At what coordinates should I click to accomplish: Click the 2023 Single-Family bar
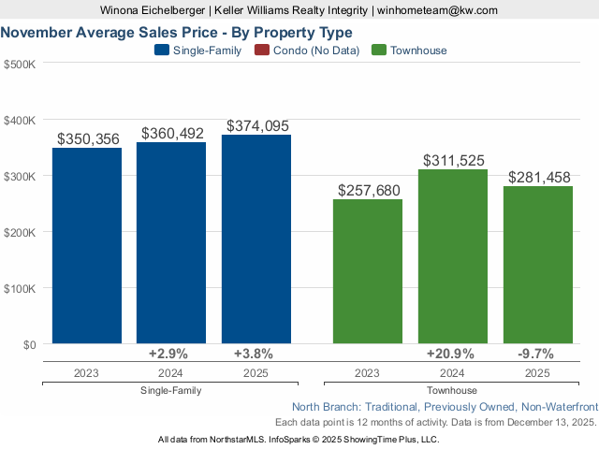(87, 246)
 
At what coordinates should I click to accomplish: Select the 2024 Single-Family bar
(171, 243)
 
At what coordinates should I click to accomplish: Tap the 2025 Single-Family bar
(256, 239)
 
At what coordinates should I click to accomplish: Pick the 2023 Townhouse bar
(368, 272)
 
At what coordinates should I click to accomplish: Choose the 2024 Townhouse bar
(453, 257)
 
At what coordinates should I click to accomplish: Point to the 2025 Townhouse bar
(537, 266)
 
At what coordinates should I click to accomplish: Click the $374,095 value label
(256, 125)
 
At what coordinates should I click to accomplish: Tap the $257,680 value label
(368, 191)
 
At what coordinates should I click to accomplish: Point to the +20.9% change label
(450, 354)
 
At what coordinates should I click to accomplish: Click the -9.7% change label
(536, 354)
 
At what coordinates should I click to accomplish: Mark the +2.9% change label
(168, 354)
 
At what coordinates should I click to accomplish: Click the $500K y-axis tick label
(20, 65)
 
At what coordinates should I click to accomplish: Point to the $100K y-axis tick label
(20, 288)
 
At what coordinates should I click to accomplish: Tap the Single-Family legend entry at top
(197, 51)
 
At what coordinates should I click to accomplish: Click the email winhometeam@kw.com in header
(438, 10)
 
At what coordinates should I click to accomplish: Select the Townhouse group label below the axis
(452, 390)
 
